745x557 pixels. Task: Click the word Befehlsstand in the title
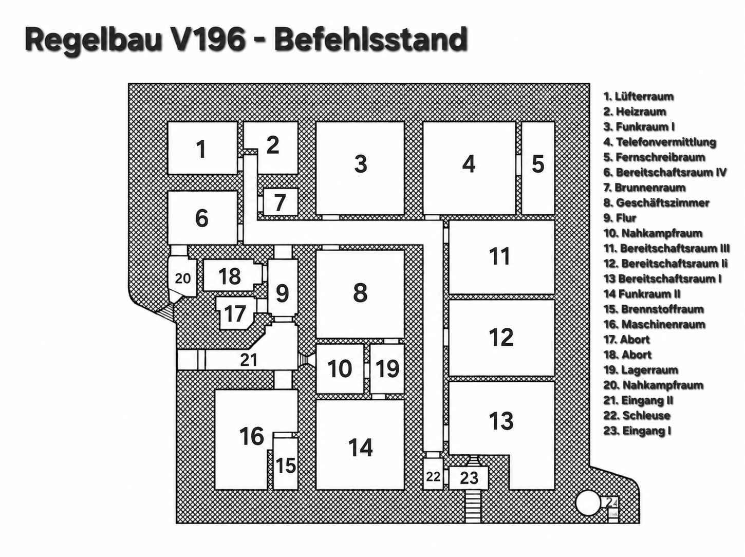(x=370, y=39)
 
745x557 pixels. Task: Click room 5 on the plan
(x=538, y=168)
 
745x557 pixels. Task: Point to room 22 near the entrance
(x=433, y=474)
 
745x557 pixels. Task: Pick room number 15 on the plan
(x=286, y=463)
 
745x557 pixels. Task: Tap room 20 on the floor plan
(x=182, y=278)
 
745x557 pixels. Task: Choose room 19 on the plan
(x=387, y=368)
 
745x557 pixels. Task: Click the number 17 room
(x=235, y=313)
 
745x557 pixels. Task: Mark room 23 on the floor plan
(x=469, y=478)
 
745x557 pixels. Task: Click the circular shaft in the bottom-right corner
(x=588, y=503)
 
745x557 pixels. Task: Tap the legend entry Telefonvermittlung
(x=660, y=142)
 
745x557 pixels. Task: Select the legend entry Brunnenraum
(x=644, y=188)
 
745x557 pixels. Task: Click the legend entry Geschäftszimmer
(x=657, y=202)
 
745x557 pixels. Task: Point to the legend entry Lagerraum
(x=641, y=369)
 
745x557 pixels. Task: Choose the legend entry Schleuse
(x=637, y=416)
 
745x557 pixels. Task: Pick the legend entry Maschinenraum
(x=655, y=324)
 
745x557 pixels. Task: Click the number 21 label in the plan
(x=249, y=360)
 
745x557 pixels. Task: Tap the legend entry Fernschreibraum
(x=655, y=157)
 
